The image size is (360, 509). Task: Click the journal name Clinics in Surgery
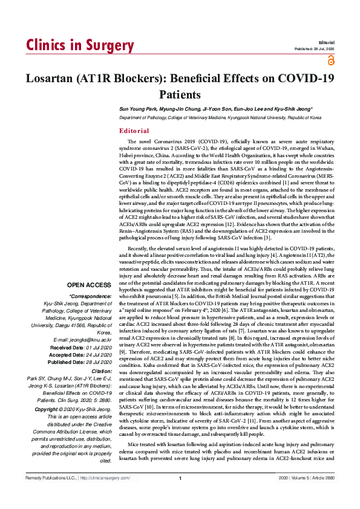click(79, 46)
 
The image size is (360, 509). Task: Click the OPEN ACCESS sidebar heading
click(90, 285)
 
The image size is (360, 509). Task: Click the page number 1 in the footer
click(180, 496)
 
